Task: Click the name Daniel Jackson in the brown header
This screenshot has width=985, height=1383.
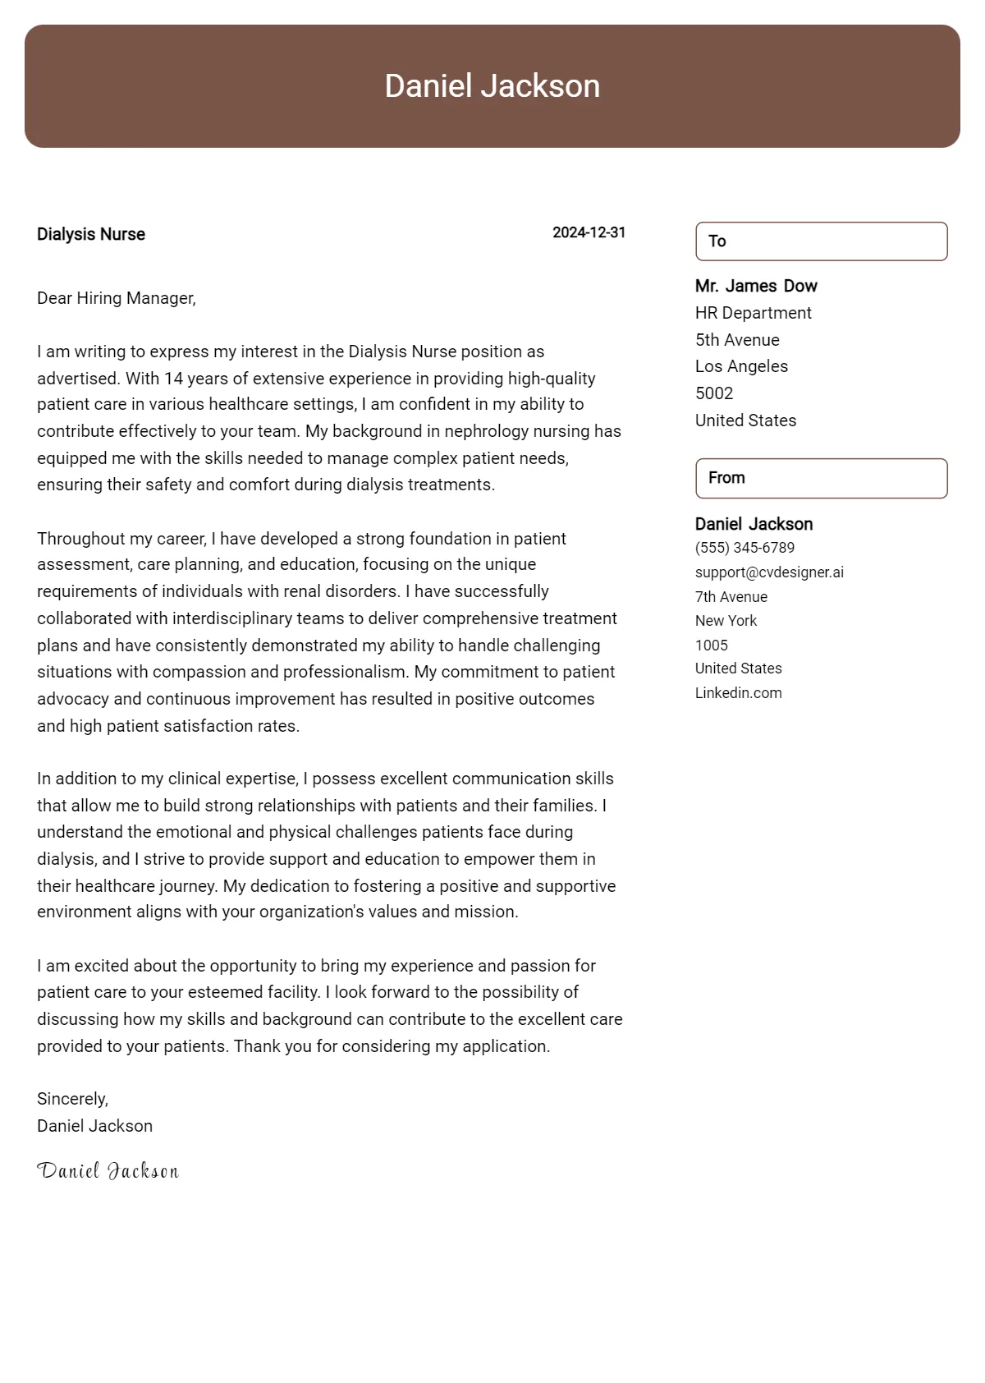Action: (x=492, y=86)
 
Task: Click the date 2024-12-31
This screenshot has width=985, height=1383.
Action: (x=589, y=232)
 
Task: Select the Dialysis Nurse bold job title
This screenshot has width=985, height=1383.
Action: (x=91, y=234)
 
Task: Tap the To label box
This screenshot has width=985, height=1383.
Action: (x=821, y=241)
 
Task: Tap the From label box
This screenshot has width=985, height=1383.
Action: (x=821, y=478)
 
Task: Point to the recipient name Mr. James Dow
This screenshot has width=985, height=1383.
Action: (x=756, y=286)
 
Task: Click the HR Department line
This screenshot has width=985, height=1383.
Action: (x=753, y=313)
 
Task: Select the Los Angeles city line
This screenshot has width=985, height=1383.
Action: (x=741, y=366)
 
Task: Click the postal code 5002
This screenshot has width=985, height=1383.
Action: (x=714, y=393)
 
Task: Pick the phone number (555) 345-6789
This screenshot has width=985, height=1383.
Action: (x=744, y=548)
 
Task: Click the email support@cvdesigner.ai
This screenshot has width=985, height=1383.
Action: (x=769, y=572)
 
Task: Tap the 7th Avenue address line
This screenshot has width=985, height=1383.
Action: (x=731, y=597)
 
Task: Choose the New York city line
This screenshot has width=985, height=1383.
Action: (x=726, y=621)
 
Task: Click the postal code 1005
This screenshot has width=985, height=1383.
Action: (x=712, y=646)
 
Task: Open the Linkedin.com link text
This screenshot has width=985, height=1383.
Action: (x=738, y=693)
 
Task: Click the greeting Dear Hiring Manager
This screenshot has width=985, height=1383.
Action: (x=117, y=298)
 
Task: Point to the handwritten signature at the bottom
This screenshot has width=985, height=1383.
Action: (x=108, y=1171)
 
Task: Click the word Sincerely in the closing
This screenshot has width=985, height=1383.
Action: (x=72, y=1099)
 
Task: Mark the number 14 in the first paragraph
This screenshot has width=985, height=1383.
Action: (x=172, y=379)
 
